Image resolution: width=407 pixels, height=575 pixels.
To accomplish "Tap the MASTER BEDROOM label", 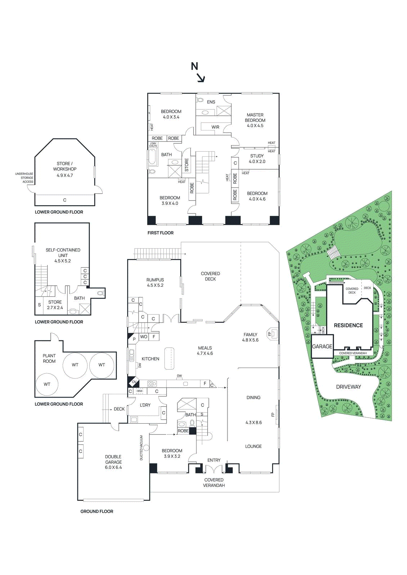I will (x=255, y=120).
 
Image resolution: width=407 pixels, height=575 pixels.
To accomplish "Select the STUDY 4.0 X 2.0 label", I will (x=257, y=158).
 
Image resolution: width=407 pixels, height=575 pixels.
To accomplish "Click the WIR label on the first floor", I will (x=215, y=127).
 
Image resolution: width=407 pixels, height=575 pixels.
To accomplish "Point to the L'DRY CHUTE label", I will (x=153, y=145).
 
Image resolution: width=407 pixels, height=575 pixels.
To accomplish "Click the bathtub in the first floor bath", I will (x=152, y=158).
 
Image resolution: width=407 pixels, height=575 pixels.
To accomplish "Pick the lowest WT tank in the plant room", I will (x=47, y=384).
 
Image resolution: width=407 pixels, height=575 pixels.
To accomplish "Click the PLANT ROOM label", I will (x=49, y=358).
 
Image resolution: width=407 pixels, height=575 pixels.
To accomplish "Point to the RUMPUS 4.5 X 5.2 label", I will (x=155, y=282).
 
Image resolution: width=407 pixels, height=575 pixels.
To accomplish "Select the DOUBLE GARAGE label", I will (x=113, y=461).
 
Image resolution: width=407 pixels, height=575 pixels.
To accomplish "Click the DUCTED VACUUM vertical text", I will (x=141, y=448).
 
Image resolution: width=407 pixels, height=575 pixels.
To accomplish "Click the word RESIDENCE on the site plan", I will (x=348, y=325).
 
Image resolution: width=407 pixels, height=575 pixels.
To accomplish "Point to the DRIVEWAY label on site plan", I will (x=348, y=387).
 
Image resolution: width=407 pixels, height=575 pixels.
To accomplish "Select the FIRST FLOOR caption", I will (x=160, y=233).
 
